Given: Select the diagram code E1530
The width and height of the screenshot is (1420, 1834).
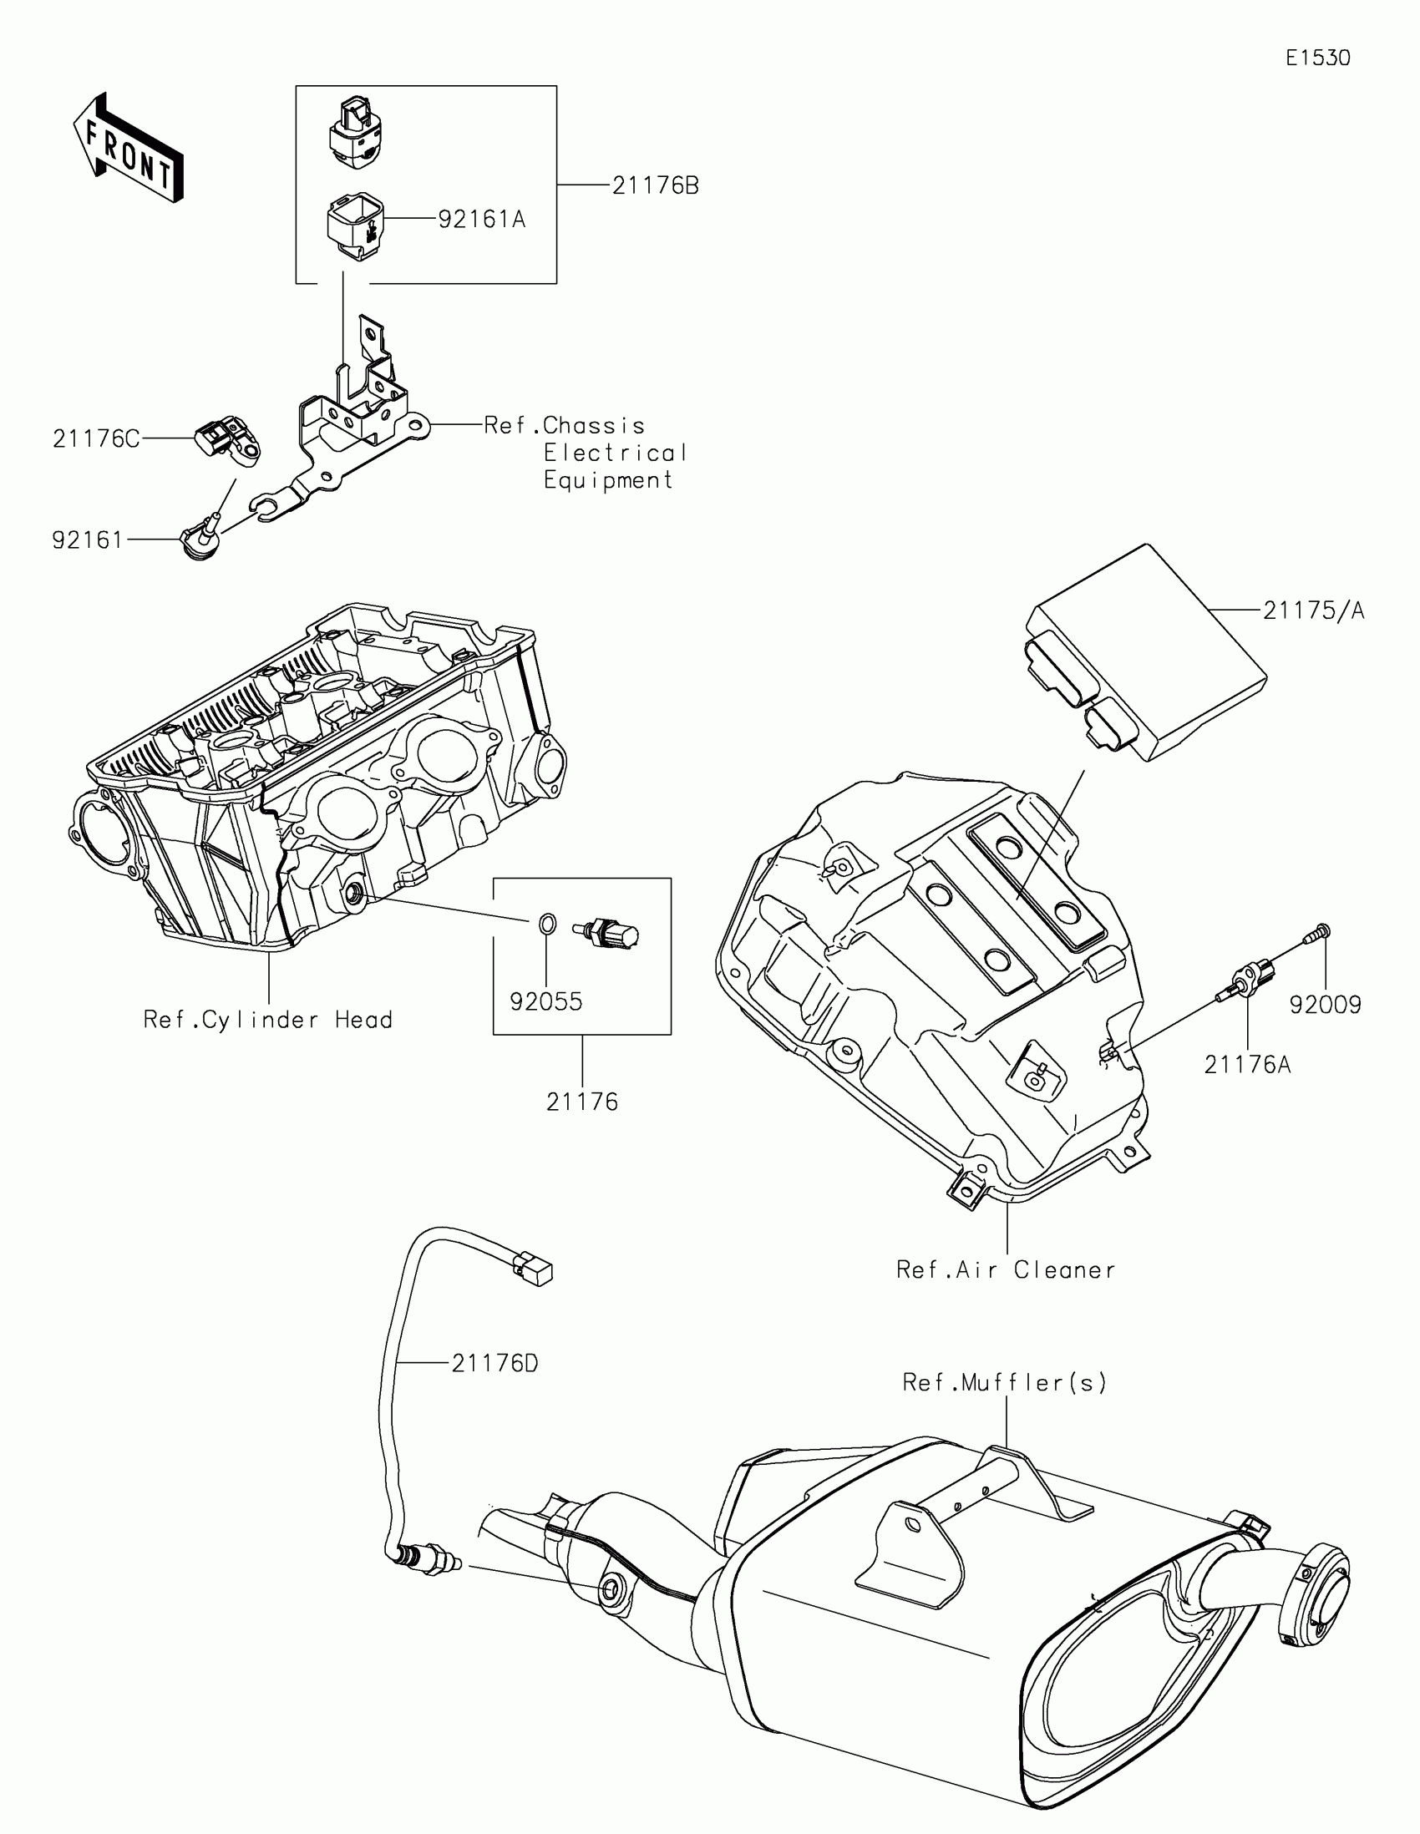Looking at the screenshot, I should (x=1317, y=58).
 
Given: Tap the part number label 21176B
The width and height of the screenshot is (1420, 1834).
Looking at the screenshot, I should (x=655, y=185).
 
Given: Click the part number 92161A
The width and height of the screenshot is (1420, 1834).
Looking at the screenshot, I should (x=481, y=219).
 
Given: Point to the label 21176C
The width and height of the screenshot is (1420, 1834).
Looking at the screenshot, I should (x=96, y=438).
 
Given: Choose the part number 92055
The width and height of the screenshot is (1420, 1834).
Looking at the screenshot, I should (x=545, y=1002).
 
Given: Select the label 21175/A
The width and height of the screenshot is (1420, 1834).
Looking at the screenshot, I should (x=1313, y=610).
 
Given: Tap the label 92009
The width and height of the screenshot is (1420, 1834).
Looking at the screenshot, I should (x=1325, y=1005).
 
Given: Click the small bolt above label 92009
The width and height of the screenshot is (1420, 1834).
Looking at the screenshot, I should (x=1320, y=932).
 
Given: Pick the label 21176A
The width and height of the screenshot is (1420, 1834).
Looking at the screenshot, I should (x=1247, y=1065).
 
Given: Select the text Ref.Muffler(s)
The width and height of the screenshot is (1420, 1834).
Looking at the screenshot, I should (x=1004, y=1381).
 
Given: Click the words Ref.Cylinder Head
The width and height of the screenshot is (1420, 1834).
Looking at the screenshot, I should (x=268, y=1020).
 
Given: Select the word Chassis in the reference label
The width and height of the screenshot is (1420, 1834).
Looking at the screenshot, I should (x=594, y=425).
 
